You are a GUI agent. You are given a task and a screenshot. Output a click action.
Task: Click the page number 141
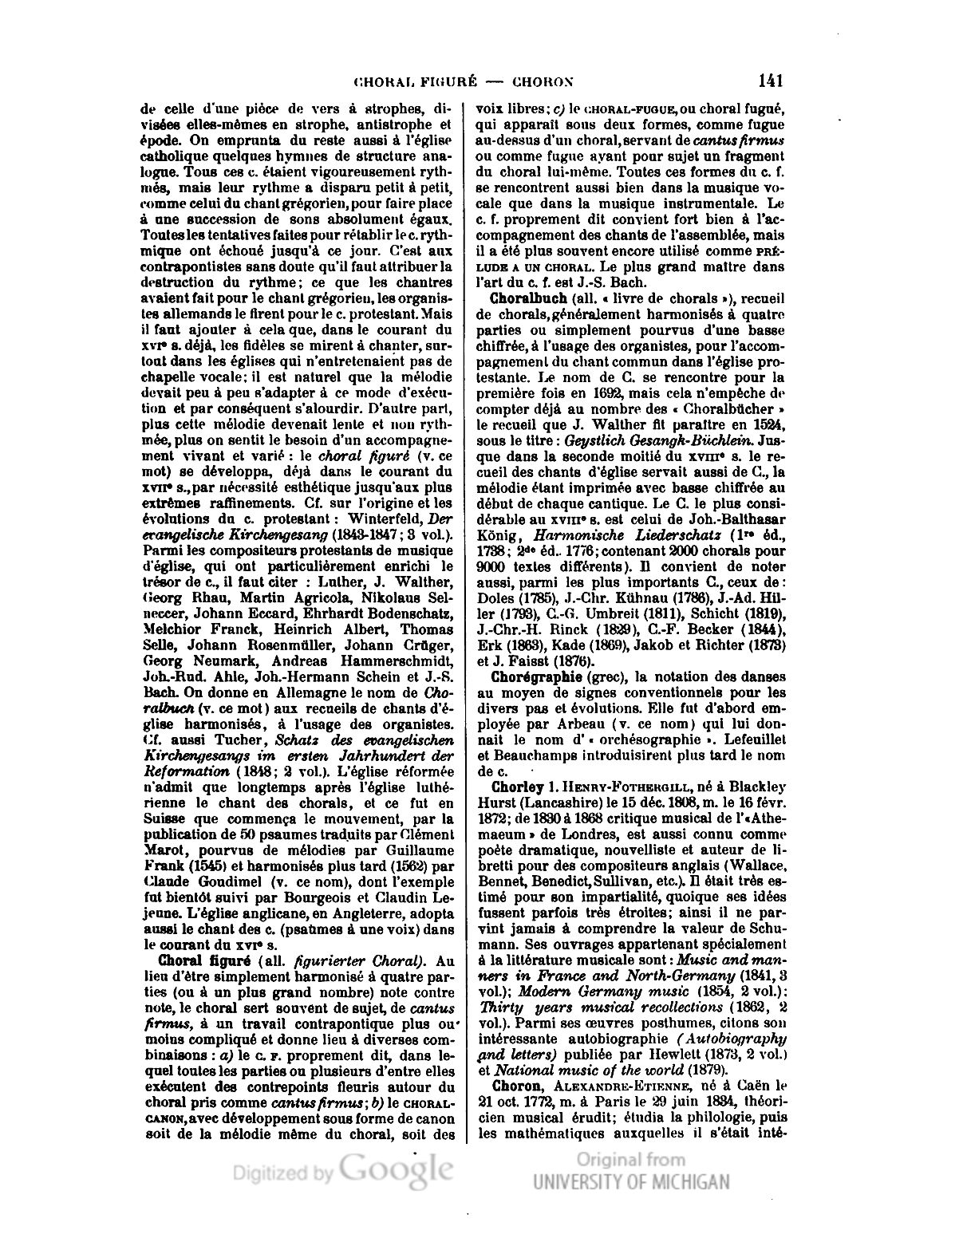point(771,81)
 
